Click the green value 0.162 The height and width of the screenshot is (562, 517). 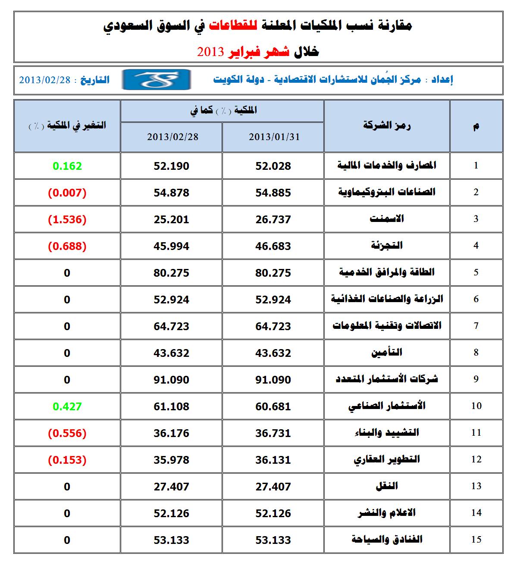[x=67, y=166]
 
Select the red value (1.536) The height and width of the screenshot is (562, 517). [x=67, y=219]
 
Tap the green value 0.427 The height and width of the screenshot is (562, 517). [x=67, y=406]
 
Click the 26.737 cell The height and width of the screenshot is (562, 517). [x=273, y=219]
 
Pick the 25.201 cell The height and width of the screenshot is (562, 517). [x=171, y=219]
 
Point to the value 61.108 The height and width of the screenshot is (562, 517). [x=171, y=406]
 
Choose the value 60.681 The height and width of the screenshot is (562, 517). [x=273, y=406]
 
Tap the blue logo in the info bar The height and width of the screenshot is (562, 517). [x=156, y=80]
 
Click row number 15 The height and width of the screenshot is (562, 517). [x=476, y=540]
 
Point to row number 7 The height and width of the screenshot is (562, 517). [x=476, y=326]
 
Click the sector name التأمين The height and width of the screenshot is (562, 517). [x=387, y=353]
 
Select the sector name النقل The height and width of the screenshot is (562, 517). [x=387, y=486]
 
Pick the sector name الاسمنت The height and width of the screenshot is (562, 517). [x=387, y=219]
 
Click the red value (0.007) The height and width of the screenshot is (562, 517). [x=67, y=193]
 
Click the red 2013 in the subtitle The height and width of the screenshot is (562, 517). [x=210, y=52]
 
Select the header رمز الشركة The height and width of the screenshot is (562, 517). [x=387, y=126]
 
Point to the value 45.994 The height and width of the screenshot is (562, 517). [x=171, y=246]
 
